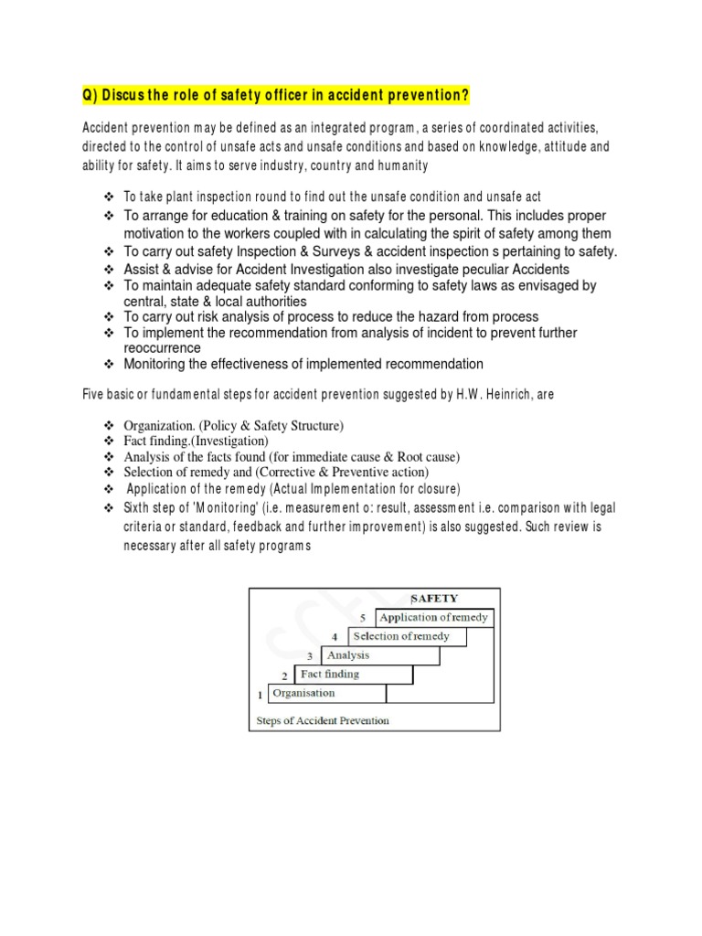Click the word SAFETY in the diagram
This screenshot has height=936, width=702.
(434, 599)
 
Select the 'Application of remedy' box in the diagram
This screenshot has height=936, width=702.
(434, 618)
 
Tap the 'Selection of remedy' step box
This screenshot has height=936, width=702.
(401, 637)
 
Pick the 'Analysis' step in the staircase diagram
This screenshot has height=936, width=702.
(348, 655)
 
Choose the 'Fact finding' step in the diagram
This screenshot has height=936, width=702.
(330, 675)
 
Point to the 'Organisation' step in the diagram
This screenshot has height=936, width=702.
(305, 694)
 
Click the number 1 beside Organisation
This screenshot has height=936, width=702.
(259, 695)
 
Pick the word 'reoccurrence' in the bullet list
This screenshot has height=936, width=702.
(162, 348)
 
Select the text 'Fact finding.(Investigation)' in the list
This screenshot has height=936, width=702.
(196, 441)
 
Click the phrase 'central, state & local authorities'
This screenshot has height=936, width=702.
(215, 301)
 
